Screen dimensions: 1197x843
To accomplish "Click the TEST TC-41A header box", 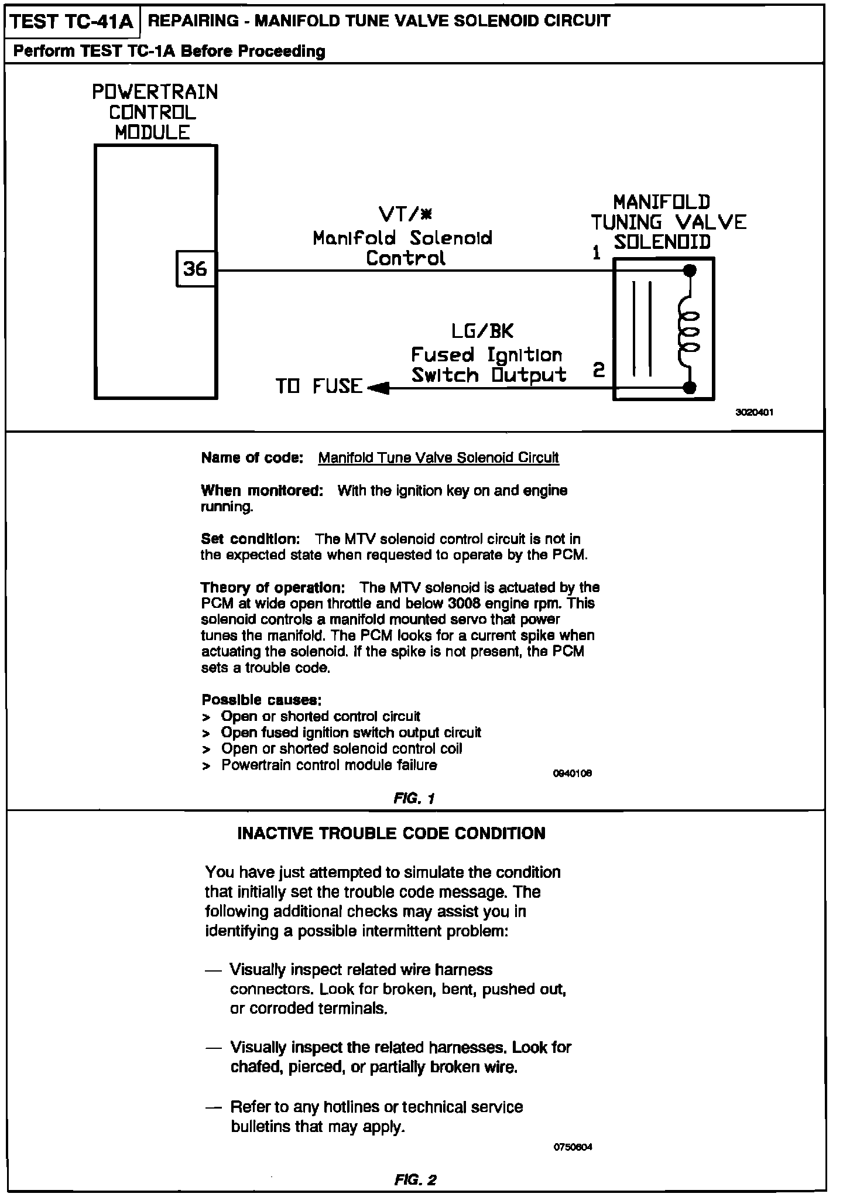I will click(x=73, y=22).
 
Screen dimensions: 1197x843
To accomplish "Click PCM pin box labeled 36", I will click(x=196, y=269).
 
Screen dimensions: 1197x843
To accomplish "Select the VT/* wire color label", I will click(x=405, y=215).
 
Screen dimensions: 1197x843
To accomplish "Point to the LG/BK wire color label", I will click(x=482, y=332).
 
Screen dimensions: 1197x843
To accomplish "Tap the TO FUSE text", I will click(x=319, y=387).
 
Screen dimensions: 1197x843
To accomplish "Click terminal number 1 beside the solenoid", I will click(x=596, y=254).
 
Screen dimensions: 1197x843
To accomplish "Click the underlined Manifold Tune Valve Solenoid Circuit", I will click(x=438, y=458).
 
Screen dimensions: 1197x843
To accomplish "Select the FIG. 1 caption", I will click(x=414, y=798).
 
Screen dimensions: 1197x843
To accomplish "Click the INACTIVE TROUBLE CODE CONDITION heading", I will click(x=391, y=834).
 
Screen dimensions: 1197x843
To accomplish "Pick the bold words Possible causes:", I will click(x=261, y=700).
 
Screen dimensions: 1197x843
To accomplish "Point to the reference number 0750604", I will click(x=573, y=1147).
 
